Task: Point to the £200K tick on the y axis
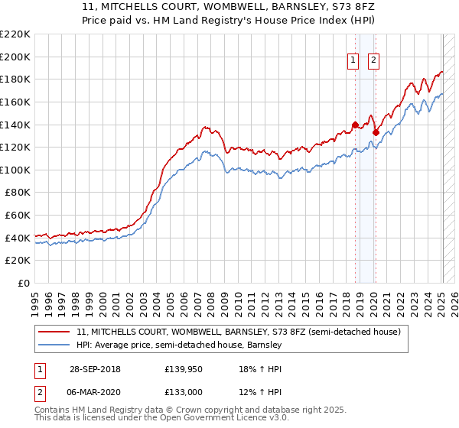point(15,57)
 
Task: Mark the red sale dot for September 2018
point(355,125)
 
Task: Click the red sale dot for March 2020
point(376,132)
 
